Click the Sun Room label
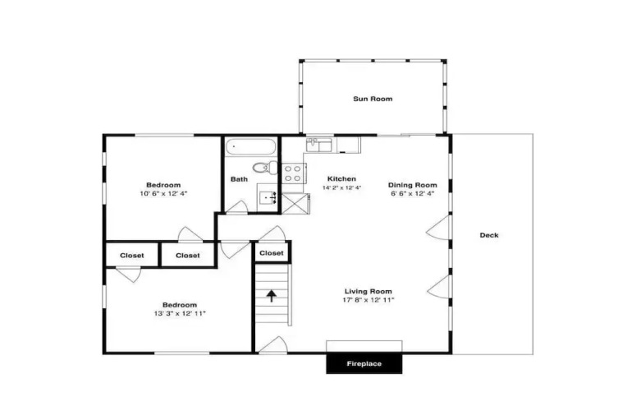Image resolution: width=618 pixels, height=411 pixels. (x=373, y=99)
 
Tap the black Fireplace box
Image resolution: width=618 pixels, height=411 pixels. (x=364, y=363)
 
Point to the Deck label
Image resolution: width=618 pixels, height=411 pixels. (x=489, y=235)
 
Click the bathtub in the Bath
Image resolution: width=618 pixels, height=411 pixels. (x=251, y=147)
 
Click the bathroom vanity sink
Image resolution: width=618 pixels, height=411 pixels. (x=268, y=196)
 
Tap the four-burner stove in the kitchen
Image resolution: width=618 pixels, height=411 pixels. (x=293, y=173)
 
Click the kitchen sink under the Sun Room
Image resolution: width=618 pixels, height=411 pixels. (x=319, y=145)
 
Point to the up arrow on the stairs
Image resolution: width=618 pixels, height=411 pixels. (x=271, y=296)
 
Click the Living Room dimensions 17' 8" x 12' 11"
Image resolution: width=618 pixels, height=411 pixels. (x=369, y=300)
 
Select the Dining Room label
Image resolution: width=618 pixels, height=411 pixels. (x=413, y=185)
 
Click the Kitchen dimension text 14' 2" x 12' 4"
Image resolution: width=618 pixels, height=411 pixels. (x=341, y=188)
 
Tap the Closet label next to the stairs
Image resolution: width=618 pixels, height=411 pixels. (x=272, y=253)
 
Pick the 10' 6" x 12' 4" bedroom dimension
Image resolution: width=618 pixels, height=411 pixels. (x=163, y=193)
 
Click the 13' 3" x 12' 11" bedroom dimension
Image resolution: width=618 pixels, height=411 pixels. (x=180, y=314)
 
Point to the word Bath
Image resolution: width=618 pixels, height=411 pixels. (x=239, y=179)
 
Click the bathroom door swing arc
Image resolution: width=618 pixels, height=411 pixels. (x=238, y=207)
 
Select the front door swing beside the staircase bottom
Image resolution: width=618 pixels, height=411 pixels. (x=272, y=344)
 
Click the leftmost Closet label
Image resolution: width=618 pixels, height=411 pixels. (x=132, y=256)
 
